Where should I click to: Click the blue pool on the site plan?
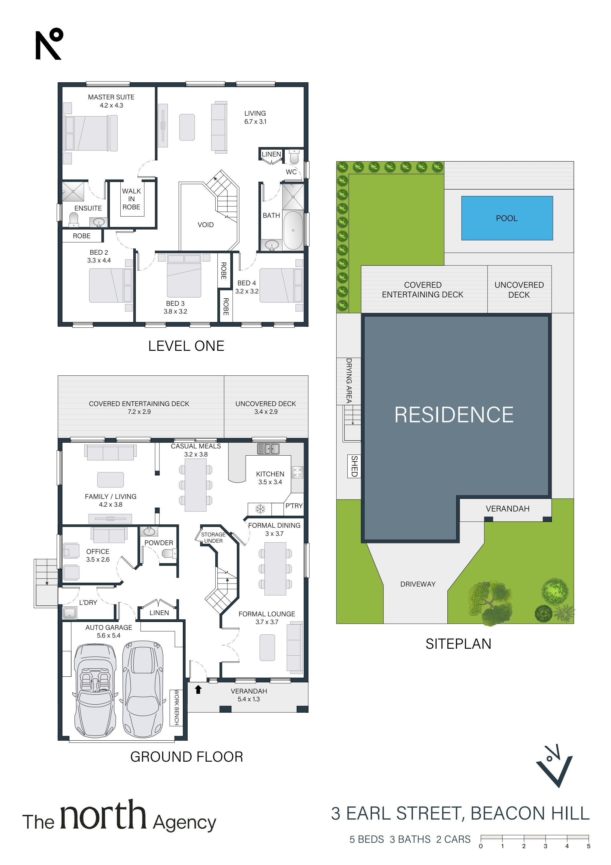(x=507, y=218)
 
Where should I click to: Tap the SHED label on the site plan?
(x=354, y=466)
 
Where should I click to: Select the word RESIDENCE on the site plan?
(x=454, y=415)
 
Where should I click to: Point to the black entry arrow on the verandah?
(x=198, y=689)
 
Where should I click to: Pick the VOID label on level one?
(x=206, y=225)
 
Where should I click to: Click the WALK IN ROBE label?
(x=131, y=199)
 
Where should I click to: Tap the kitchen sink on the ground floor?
(x=268, y=449)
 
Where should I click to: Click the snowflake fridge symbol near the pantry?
(x=260, y=509)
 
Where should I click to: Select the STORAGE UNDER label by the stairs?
(x=213, y=538)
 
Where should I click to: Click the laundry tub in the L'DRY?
(x=70, y=613)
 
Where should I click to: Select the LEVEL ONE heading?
(x=186, y=346)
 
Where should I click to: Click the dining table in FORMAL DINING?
(x=275, y=569)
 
